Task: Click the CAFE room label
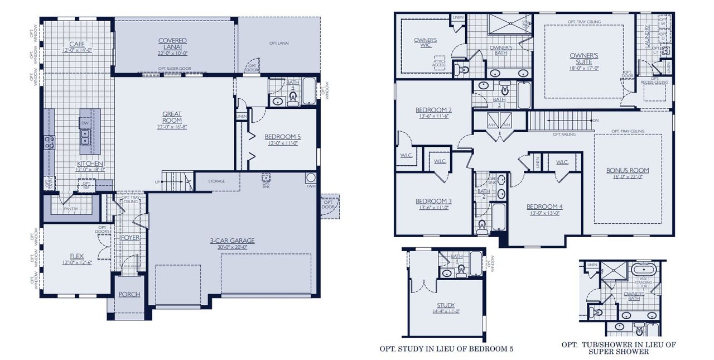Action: [76, 44]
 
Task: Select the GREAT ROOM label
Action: [172, 117]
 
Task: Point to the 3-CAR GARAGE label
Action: [232, 241]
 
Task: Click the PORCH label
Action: [129, 294]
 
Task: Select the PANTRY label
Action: [70, 209]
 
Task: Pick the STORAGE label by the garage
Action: [216, 181]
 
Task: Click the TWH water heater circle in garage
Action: [310, 179]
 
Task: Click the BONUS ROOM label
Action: [628, 170]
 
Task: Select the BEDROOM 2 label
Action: [433, 109]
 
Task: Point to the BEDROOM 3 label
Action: [433, 201]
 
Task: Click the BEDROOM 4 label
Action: [544, 207]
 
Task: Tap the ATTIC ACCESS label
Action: [438, 64]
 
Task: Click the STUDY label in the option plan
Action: [446, 305]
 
